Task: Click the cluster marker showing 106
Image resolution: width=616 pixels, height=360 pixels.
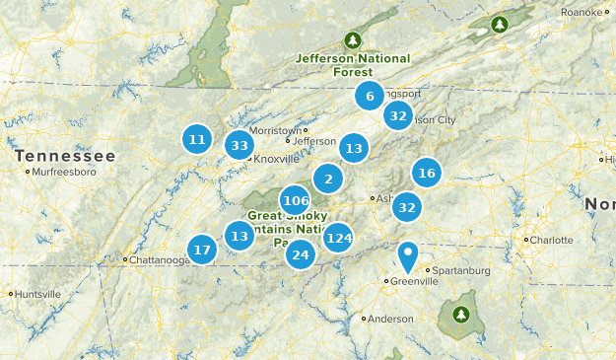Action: [295, 201]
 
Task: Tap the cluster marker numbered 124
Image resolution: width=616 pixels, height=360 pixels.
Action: [338, 238]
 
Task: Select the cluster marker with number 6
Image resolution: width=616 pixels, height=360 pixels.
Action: [370, 96]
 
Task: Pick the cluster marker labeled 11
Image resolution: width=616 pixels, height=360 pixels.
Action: [197, 139]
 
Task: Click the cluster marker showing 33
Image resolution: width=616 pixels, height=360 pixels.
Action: [239, 146]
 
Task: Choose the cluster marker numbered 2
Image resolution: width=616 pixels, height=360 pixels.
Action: [328, 179]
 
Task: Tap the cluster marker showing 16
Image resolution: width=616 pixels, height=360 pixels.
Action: [426, 174]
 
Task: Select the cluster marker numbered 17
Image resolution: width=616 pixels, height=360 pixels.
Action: [202, 250]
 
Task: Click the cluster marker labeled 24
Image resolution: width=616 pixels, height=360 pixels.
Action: [301, 255]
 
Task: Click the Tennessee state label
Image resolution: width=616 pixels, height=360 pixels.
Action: [65, 156]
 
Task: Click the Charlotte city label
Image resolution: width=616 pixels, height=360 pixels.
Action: [550, 240]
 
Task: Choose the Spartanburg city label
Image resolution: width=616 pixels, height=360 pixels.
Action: [460, 270]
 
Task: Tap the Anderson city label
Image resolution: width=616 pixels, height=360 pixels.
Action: [390, 319]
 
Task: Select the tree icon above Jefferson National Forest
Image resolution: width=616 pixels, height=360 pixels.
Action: [352, 40]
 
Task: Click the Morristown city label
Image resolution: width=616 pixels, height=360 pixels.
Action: [275, 130]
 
